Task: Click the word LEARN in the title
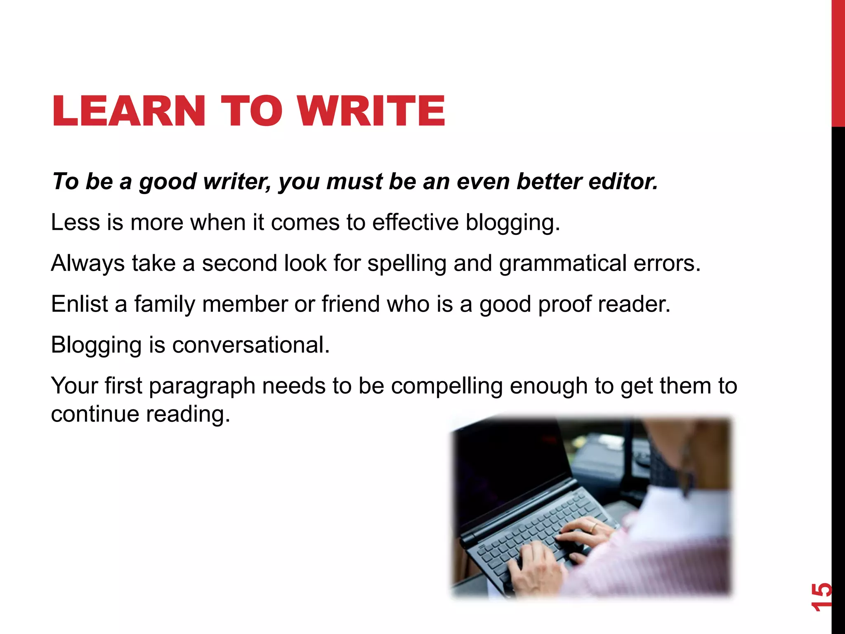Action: click(128, 111)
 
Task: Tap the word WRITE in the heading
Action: click(371, 111)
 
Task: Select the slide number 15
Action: click(821, 597)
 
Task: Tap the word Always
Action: click(87, 263)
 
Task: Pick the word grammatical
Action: click(563, 263)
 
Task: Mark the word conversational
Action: click(250, 345)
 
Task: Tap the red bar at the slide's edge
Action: click(838, 62)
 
